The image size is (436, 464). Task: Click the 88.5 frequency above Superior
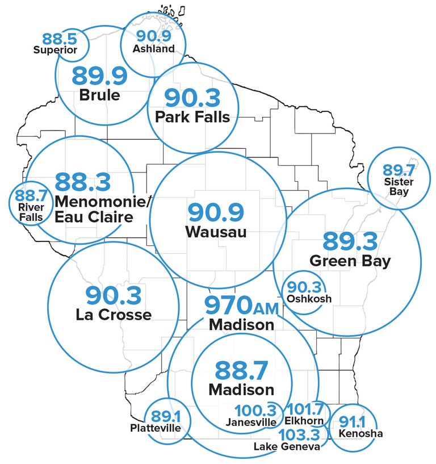coord(59,40)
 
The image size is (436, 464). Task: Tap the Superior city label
coord(55,50)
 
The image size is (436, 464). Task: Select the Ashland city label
coord(153,48)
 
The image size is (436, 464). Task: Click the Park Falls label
coord(192,117)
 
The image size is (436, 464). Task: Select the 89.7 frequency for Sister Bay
coord(399,170)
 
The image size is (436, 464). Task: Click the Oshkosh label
coord(309,299)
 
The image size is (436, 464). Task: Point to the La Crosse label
coord(114,314)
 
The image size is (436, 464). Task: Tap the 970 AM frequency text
coord(241,306)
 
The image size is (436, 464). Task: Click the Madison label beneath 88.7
coord(241,390)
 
